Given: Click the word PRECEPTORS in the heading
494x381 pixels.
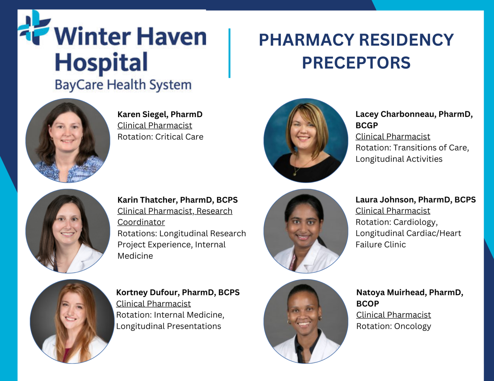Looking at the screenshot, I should [x=356, y=63].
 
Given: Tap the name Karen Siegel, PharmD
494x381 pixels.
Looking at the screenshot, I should [x=160, y=114].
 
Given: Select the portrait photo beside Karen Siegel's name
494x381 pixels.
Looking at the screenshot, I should [x=68, y=141].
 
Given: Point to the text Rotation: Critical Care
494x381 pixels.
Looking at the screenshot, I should [x=160, y=137].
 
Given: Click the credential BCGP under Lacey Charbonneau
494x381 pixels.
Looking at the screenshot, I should [x=367, y=125].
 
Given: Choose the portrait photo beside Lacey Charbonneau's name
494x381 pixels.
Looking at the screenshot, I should [x=306, y=141].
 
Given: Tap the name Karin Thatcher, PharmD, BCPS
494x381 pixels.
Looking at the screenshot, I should [x=178, y=200].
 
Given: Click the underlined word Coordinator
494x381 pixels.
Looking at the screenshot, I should [x=141, y=222].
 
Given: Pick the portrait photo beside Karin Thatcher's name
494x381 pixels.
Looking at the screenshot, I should [x=68, y=231].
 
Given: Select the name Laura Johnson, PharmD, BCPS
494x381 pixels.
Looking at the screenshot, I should [x=416, y=200].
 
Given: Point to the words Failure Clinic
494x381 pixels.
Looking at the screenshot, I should [x=380, y=245].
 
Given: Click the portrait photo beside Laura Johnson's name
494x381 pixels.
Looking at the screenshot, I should [x=306, y=231].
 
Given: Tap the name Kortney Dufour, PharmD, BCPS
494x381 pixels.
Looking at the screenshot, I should [x=178, y=292].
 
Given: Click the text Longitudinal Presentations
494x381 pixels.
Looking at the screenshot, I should [x=169, y=326].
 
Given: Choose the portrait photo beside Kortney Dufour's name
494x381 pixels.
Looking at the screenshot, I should [x=72, y=321].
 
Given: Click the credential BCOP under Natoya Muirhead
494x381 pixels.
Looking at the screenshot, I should [x=368, y=304].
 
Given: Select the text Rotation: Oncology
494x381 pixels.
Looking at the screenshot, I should [x=394, y=326].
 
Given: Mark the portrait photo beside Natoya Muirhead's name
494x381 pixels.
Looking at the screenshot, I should [x=306, y=321].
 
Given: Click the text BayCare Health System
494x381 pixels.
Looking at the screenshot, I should [x=123, y=85].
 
